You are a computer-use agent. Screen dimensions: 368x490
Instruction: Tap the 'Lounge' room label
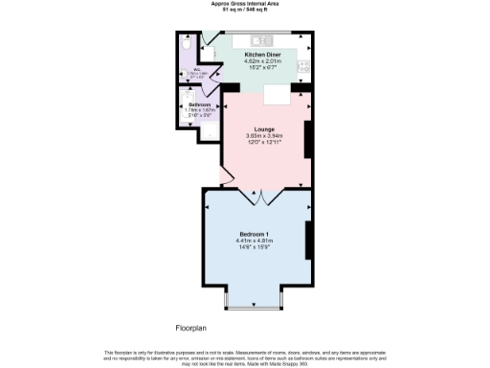[264, 128]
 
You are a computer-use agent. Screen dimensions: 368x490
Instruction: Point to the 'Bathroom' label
[199, 103]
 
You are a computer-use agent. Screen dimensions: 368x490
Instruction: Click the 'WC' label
[195, 69]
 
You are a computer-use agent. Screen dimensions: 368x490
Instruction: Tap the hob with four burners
[305, 65]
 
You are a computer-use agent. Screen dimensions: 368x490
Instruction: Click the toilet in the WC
[187, 42]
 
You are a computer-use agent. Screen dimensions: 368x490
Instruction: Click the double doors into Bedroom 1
[263, 196]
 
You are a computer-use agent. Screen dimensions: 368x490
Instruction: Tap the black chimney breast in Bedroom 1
[308, 239]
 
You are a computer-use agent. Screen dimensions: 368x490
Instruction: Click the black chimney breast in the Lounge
[308, 139]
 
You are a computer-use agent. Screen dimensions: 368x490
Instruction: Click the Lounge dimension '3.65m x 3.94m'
[264, 136]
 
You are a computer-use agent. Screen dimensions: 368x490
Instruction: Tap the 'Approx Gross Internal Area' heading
[245, 4]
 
